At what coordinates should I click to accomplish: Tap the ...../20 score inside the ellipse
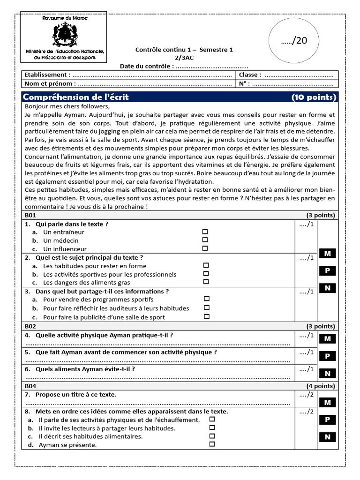coord(294,41)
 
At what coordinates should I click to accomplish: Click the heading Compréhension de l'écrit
coord(76,97)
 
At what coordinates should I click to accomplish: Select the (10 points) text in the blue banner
coord(314,97)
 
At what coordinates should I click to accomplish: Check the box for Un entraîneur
coord(205,232)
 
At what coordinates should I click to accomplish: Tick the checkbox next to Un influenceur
coord(205,248)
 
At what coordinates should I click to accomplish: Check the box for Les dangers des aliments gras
coord(205,282)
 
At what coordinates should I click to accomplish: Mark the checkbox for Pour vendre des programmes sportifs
coord(207,299)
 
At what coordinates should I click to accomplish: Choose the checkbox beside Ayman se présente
coord(212,444)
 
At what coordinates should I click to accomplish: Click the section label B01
coord(31,216)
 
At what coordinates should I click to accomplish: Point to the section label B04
coord(31,386)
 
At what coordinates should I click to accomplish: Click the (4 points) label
coord(321,386)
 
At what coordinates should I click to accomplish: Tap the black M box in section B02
coord(328,338)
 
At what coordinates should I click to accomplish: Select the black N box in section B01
coord(328,288)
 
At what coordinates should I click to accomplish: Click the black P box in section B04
coord(328,420)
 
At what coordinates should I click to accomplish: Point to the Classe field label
coord(250,75)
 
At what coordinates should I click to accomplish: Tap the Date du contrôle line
coord(184,66)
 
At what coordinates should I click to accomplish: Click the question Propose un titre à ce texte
coord(76,395)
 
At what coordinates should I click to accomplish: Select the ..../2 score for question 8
coord(306,412)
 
